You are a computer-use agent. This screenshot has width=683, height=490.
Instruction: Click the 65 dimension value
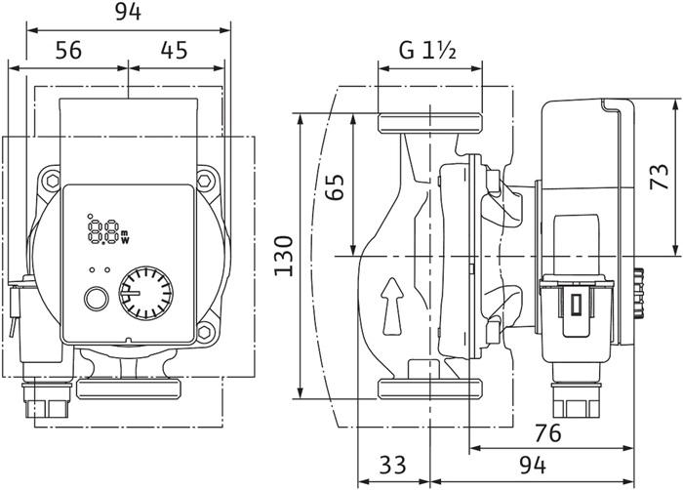(x=335, y=184)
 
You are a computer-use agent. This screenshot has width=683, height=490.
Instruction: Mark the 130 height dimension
(x=284, y=256)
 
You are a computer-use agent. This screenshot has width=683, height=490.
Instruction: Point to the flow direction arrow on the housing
(x=390, y=297)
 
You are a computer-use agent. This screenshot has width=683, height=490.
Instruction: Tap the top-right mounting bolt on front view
(x=207, y=181)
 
